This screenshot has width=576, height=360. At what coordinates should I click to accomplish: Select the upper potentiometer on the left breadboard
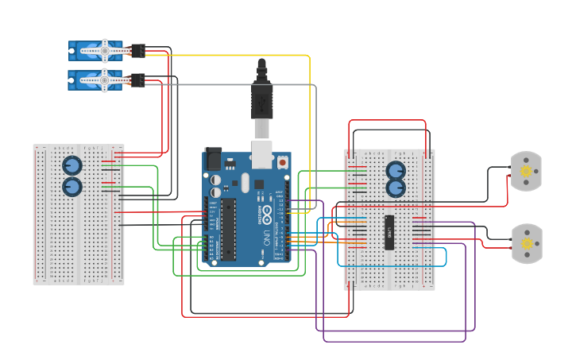coord(72,165)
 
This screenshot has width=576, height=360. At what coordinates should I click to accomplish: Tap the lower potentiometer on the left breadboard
coord(72,187)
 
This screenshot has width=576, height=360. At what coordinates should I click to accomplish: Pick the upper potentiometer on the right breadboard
coord(396,170)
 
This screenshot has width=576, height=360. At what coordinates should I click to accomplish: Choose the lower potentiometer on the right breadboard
coord(396,188)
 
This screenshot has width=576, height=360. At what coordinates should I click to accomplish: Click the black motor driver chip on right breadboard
coord(390,232)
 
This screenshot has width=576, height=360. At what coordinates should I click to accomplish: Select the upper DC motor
coord(524,171)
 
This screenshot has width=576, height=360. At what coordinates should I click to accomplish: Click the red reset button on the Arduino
coord(282,162)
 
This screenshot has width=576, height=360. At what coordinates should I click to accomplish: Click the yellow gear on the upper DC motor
coord(525,171)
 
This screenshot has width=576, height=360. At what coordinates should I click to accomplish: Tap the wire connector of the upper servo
coord(137,50)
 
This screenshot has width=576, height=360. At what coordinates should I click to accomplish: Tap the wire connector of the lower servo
coord(137,79)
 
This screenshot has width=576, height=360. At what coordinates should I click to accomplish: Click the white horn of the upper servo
coord(103,50)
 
